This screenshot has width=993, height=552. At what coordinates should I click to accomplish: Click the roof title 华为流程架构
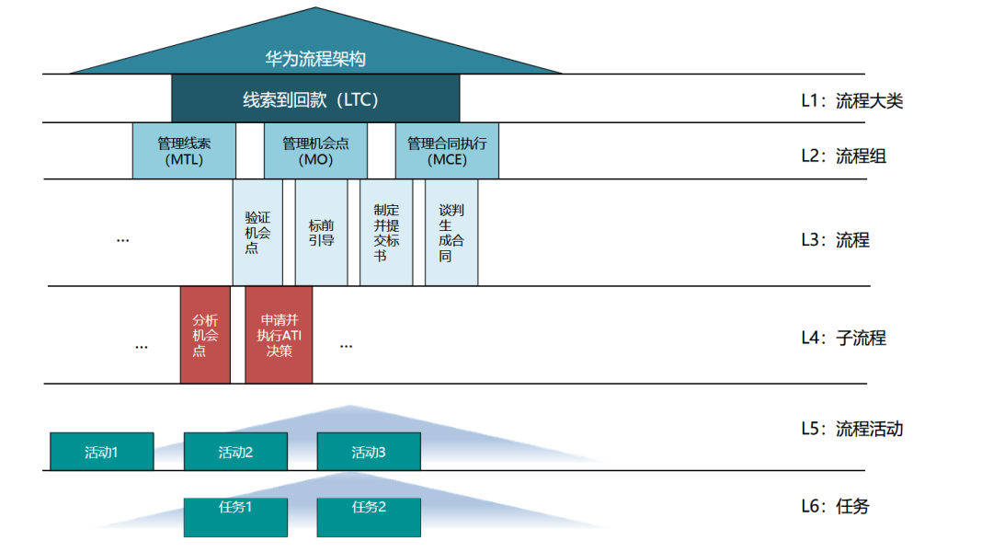[x=315, y=59]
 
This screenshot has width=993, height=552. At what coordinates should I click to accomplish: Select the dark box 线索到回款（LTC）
[x=315, y=99]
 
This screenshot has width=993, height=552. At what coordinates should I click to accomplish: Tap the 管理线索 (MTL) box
[x=184, y=151]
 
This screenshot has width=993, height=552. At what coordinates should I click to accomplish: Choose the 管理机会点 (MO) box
[x=315, y=151]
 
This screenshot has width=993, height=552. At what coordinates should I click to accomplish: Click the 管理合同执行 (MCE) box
[x=447, y=151]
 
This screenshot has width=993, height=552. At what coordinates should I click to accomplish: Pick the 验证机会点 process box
[x=257, y=233]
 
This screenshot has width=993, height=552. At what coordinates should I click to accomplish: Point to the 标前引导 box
[x=321, y=233]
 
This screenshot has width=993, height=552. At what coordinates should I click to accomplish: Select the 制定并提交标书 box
[x=386, y=233]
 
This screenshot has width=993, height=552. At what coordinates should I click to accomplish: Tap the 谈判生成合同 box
[x=451, y=233]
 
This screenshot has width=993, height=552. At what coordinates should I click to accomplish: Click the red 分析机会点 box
[x=205, y=335]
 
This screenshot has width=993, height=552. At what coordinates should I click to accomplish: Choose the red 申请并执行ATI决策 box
[x=279, y=335]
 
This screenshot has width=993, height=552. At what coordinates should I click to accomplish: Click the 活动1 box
[x=101, y=452]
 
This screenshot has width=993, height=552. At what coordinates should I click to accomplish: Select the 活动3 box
[x=369, y=452]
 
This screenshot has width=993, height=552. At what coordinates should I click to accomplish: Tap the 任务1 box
[x=235, y=517]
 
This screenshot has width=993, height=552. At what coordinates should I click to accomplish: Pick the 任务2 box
[x=369, y=517]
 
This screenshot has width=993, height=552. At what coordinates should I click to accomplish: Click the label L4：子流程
[x=843, y=338]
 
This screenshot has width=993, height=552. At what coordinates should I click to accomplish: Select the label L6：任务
[x=835, y=506]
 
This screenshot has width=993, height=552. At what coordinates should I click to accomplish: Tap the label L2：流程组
[x=843, y=156]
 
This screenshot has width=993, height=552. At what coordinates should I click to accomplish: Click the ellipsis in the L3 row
[x=123, y=239]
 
